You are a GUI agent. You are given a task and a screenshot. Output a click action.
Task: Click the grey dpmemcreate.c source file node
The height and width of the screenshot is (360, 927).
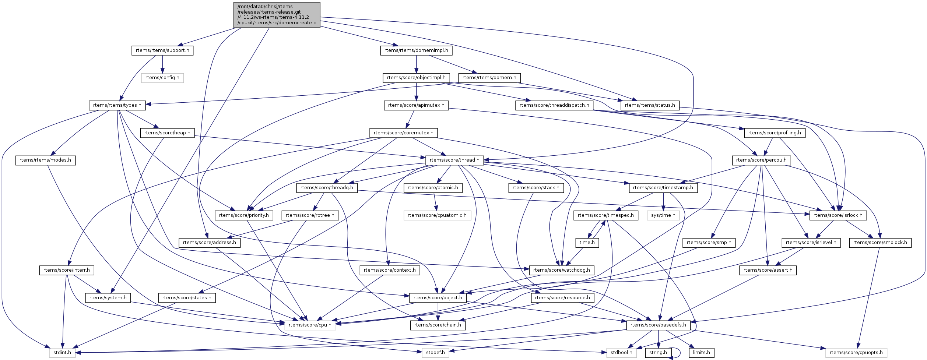pos(277,15)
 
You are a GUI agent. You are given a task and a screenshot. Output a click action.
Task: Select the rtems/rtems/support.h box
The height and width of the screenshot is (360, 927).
pos(162,50)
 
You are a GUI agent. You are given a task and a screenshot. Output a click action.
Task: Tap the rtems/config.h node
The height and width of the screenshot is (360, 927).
pos(162,78)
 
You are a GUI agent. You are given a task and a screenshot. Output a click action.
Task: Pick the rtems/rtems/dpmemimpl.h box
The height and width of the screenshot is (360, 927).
pos(416,50)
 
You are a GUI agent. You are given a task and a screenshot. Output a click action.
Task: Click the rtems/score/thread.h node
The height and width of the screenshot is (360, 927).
pos(454,160)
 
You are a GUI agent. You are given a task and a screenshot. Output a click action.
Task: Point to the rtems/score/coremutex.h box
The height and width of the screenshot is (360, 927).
pos(403,133)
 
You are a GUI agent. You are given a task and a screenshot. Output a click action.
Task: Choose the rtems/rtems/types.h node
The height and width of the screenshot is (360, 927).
pos(117,105)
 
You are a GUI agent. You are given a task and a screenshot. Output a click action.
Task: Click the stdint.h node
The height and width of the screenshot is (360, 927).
pos(62,353)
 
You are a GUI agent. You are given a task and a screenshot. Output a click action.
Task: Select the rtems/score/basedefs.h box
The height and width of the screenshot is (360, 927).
pos(658,325)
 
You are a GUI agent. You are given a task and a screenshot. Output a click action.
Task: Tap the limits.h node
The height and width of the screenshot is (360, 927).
pos(701,353)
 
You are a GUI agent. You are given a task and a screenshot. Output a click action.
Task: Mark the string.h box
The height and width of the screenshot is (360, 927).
pos(658,353)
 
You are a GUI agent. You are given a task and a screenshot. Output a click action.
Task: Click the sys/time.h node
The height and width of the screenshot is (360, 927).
pos(663,215)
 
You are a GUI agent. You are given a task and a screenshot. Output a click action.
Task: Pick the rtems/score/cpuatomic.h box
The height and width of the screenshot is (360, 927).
pos(437,215)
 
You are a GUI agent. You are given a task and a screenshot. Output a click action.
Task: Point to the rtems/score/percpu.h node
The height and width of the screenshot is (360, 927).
pos(761,160)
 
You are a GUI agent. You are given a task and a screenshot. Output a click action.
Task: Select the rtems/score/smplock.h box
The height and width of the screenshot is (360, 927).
pos(880,243)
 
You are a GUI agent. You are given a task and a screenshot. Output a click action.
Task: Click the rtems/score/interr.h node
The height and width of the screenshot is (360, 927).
pos(67,270)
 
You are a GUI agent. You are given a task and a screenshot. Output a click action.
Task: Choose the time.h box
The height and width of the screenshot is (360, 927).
pos(587,243)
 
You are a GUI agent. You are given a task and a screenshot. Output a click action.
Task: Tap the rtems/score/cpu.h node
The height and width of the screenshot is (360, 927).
pos(310,325)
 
